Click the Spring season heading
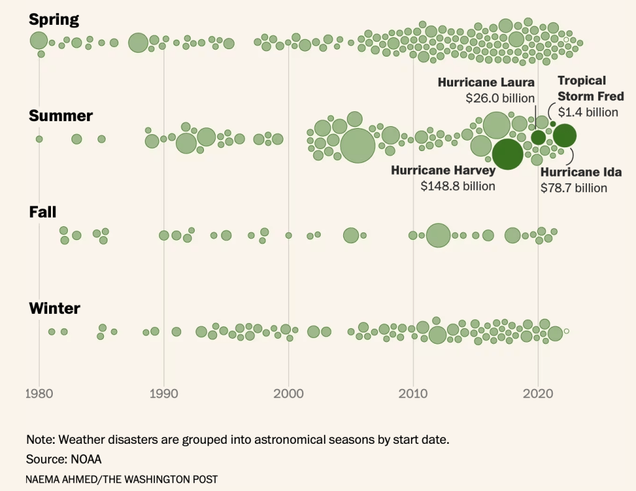click(x=54, y=19)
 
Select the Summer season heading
click(x=61, y=116)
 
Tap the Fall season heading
click(x=43, y=212)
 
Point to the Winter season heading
click(x=55, y=308)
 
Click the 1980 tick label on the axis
click(x=39, y=393)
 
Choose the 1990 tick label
click(x=164, y=393)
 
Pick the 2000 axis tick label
click(x=288, y=393)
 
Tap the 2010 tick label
click(x=413, y=393)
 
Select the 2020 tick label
click(x=538, y=393)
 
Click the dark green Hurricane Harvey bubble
click(x=507, y=155)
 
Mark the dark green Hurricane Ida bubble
click(x=565, y=135)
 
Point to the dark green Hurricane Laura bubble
click(x=538, y=137)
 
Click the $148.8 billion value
click(x=458, y=186)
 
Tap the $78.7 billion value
click(x=573, y=188)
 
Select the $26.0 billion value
click(x=500, y=98)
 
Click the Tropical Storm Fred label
click(x=590, y=88)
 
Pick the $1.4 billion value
click(x=588, y=112)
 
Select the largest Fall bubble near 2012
click(x=438, y=236)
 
